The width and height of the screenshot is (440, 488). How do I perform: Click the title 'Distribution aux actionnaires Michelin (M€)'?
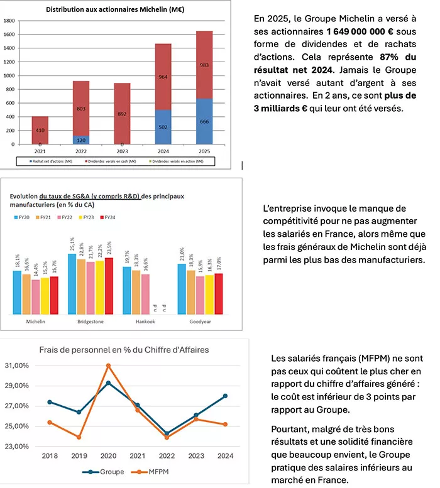tap(120, 10)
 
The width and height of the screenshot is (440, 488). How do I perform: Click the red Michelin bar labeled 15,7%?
tap(54, 295)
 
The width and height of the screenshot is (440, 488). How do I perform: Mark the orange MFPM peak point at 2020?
tap(108, 365)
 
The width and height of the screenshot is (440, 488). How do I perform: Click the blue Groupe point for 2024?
tap(225, 396)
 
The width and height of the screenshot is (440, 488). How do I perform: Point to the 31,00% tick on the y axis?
tap(17, 366)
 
